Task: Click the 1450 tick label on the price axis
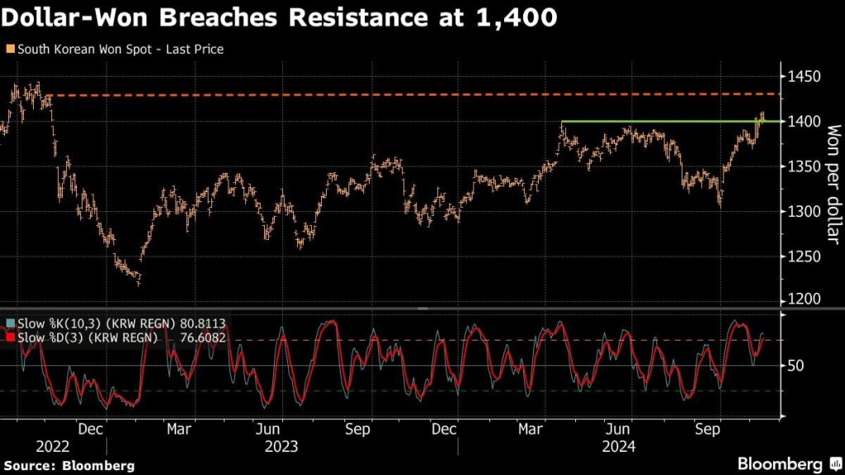pos(804,77)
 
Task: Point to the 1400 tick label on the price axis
pos(804,122)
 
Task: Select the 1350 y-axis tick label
pos(804,167)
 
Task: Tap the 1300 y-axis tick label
pos(804,212)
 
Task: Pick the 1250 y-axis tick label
pos(804,256)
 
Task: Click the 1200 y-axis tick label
pos(804,299)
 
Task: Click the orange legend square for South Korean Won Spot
pos(9,49)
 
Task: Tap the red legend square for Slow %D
pos(9,337)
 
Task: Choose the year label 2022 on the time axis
pos(30,446)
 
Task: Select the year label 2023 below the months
pos(281,446)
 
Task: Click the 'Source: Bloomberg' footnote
pos(68,466)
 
